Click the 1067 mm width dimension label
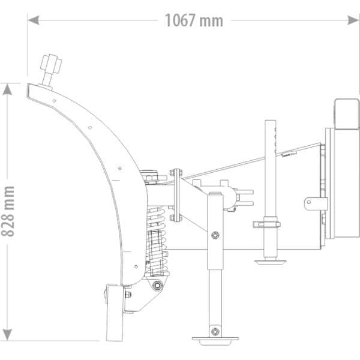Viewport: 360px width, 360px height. point(193,20)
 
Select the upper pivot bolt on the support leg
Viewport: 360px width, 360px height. point(213,236)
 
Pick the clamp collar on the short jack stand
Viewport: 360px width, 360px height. point(269,224)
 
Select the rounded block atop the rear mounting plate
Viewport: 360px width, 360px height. point(344,114)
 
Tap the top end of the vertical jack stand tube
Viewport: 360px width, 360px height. point(270,124)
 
